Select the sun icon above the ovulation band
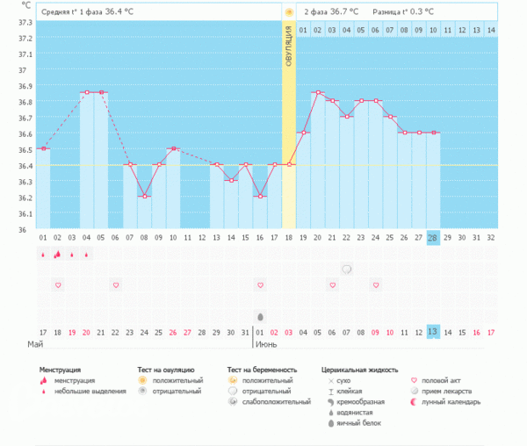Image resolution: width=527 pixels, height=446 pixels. coord(289,12)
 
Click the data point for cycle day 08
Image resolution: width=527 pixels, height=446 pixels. coord(144,197)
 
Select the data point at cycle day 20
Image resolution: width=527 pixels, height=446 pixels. coord(317,92)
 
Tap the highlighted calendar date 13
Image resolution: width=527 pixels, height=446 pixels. coord(433,331)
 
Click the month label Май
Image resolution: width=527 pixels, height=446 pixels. coord(35,345)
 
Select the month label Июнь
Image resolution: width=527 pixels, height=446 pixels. coord(267,345)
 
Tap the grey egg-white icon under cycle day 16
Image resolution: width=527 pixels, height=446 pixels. coord(260,315)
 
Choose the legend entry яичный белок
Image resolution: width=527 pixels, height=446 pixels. coord(357,423)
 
